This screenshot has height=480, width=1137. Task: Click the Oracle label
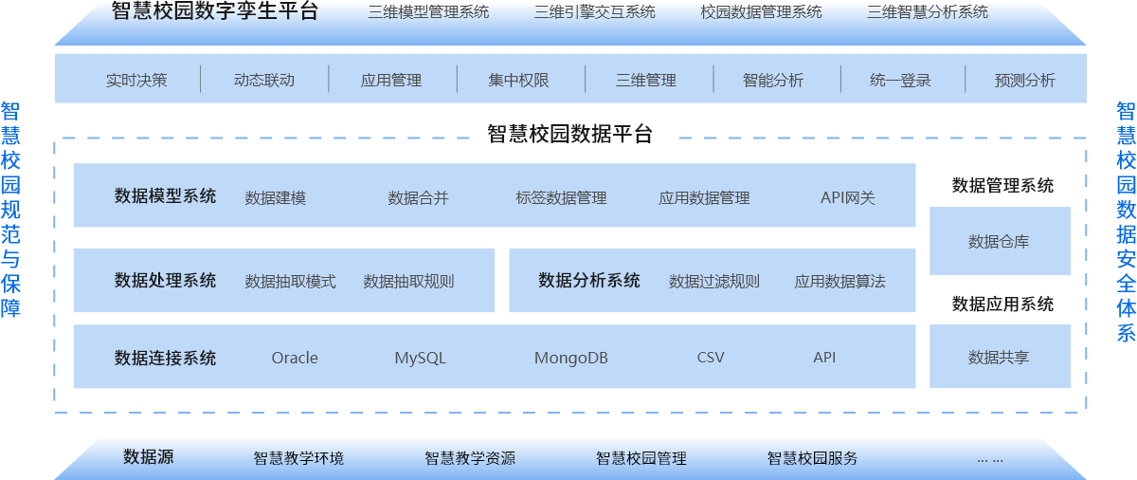[x=295, y=358]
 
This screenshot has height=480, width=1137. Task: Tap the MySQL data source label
[x=420, y=358]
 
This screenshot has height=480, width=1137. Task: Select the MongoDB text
[x=570, y=358]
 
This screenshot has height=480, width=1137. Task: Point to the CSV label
[x=710, y=358]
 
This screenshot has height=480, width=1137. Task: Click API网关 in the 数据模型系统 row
[x=847, y=197]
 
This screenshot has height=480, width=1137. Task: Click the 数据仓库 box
[x=999, y=241]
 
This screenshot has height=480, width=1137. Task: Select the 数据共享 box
[x=999, y=357]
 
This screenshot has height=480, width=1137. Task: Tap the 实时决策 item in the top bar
[x=136, y=80]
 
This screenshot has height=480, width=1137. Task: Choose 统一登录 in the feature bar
[x=900, y=80]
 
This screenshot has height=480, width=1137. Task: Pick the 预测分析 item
[x=1024, y=80]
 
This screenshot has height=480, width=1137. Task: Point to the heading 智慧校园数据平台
[x=569, y=134]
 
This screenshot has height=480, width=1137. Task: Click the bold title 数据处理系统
[x=165, y=280]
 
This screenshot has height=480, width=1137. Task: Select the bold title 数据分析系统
[x=588, y=280]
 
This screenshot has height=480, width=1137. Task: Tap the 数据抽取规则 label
[x=408, y=281]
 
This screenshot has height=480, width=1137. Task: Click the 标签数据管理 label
[x=561, y=197]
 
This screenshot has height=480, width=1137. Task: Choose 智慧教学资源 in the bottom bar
[x=470, y=458]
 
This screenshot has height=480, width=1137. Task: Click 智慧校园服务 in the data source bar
[x=812, y=458]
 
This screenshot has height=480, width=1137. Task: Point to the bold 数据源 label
[x=149, y=456]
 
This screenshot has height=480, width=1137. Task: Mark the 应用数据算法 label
[x=839, y=281]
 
